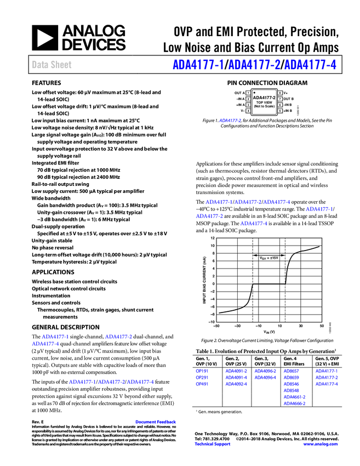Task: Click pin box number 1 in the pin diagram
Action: click(248, 93)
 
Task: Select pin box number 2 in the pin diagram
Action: click(248, 99)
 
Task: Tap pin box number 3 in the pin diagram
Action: click(248, 105)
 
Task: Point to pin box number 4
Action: click(248, 111)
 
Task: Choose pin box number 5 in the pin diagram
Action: click(280, 111)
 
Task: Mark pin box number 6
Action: click(280, 105)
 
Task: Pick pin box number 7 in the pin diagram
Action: click(280, 99)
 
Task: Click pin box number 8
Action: click(280, 93)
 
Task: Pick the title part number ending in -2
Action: click(254, 65)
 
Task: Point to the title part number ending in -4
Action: click(311, 65)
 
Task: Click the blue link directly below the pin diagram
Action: click(230, 120)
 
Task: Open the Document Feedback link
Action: click(156, 422)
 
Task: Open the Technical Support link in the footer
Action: click(213, 444)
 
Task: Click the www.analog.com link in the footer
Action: click(321, 444)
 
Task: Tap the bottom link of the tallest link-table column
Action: click(294, 403)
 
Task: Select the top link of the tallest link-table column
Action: click(291, 372)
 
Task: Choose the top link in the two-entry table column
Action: click(265, 372)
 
